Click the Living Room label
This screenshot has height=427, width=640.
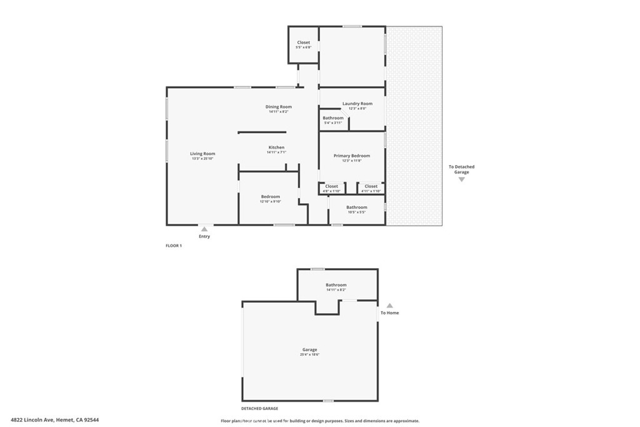point(202,154)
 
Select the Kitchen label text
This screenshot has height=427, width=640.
point(276,148)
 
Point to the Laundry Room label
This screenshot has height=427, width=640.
point(357,104)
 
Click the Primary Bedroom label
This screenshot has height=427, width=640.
point(351,156)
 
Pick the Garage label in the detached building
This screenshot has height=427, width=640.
point(309,349)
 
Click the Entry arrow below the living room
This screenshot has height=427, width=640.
point(204,229)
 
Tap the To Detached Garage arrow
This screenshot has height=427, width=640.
point(462,179)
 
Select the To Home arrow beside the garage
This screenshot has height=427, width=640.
point(389,305)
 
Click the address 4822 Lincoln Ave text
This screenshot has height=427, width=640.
point(55,420)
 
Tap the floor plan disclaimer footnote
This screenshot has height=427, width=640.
point(320,421)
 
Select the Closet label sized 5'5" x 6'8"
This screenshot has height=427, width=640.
point(303,43)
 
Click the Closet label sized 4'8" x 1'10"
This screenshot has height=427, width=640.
point(332,186)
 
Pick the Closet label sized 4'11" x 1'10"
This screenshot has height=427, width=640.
point(371,186)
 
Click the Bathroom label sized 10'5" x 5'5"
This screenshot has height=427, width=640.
point(357,207)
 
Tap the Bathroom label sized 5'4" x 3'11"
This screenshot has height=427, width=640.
point(332,118)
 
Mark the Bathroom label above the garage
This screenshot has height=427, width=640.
point(336,285)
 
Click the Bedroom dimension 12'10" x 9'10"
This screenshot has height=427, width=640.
point(271,201)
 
